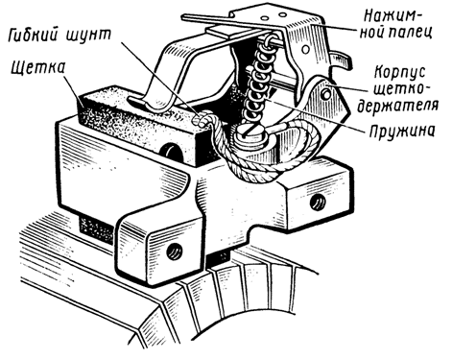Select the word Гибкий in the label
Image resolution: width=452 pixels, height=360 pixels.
(x=34, y=35)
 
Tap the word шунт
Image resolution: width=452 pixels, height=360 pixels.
(x=88, y=36)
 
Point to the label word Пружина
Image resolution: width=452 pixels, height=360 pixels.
(x=402, y=132)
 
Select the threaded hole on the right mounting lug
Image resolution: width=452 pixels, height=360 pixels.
(x=318, y=203)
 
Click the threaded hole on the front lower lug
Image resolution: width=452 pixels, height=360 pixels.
(x=175, y=252)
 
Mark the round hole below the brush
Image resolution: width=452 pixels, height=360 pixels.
(x=172, y=154)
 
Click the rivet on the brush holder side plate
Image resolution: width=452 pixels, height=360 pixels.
(x=326, y=94)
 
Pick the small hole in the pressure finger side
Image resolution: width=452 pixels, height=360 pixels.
(x=306, y=49)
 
